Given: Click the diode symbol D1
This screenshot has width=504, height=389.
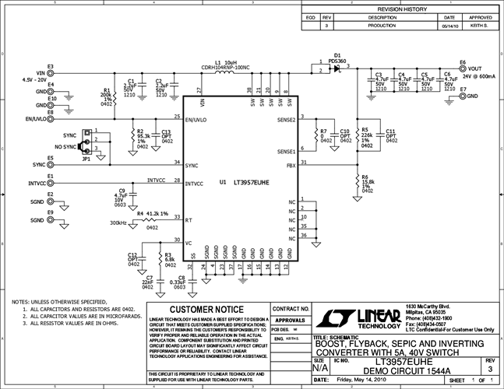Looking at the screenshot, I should pyautogui.click(x=336, y=68).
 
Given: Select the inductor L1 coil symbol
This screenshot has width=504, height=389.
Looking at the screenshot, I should pyautogui.click(x=225, y=76).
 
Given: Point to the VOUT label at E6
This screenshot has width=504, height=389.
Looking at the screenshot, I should pyautogui.click(x=474, y=68).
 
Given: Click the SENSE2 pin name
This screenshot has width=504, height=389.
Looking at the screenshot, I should pyautogui.click(x=286, y=120).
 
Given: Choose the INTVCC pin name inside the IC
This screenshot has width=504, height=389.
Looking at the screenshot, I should pyautogui.click(x=194, y=184).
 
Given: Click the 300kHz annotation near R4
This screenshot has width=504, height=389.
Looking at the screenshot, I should pyautogui.click(x=119, y=223).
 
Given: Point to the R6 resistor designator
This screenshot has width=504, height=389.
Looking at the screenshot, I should pyautogui.click(x=365, y=177).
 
